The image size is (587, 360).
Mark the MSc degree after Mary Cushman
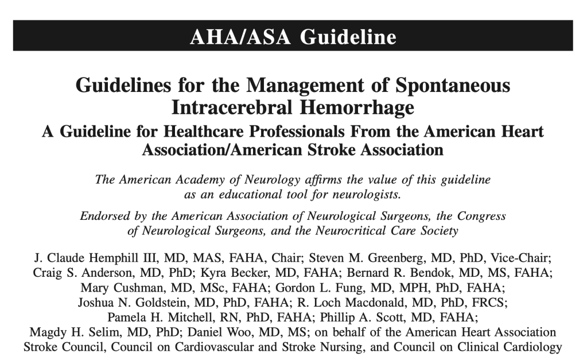pos(204,287)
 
